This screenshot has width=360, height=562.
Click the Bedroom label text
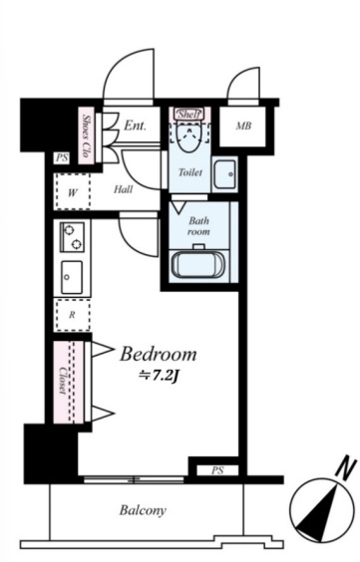coord(159,354)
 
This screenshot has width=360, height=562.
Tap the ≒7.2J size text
coord(159,376)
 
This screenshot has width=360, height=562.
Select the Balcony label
coord(143,510)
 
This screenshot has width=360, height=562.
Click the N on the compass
coord(347,468)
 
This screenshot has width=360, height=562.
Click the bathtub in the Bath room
coord(197,264)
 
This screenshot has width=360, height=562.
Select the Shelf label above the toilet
coord(188,115)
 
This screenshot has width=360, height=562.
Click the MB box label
coord(243,127)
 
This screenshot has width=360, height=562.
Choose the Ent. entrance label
coord(136,126)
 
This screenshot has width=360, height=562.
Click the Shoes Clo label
coord(86,136)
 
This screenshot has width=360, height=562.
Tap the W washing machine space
coord(72,191)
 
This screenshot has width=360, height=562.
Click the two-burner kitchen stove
coord(73,236)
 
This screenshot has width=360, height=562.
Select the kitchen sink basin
coord(72,277)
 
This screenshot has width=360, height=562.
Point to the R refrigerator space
coord(72,316)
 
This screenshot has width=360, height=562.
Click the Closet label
coord(64,381)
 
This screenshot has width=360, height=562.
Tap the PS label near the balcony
coord(217,470)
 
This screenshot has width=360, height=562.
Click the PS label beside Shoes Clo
coord(62,158)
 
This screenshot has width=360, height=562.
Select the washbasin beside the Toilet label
coord(225,173)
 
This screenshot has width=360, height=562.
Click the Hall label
coord(123,189)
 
